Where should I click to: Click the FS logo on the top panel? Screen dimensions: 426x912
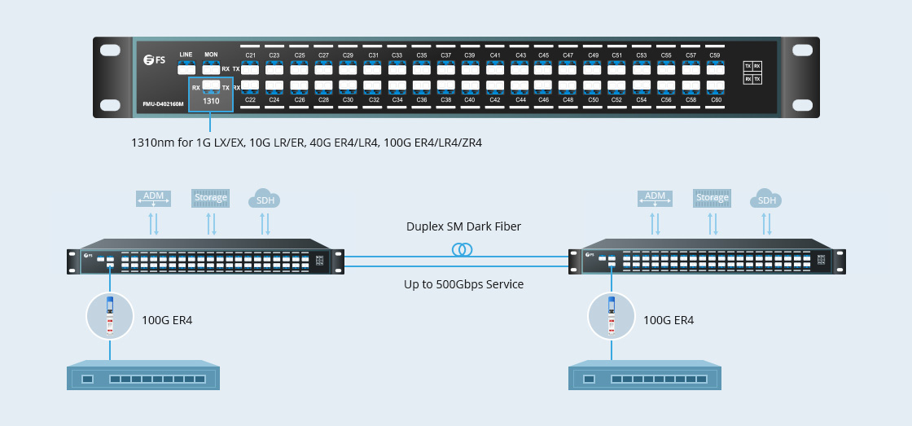pos(154,59)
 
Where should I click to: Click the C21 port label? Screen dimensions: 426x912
pos(251,55)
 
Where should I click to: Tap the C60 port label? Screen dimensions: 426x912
pos(715,99)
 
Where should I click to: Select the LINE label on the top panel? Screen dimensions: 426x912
pos(186,55)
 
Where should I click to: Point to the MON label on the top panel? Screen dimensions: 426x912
pos(211,55)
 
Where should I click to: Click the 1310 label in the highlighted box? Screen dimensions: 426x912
pos(211,102)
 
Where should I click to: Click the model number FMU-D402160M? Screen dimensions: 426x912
pos(163,103)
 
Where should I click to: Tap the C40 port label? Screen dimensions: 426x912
pos(470,99)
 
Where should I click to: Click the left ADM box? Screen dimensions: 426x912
pos(154,197)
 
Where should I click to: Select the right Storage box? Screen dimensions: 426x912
pos(712,197)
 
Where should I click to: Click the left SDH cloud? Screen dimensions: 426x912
pos(265,200)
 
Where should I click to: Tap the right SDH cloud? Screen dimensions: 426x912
pos(766,200)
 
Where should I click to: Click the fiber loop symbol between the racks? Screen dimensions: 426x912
pos(463,249)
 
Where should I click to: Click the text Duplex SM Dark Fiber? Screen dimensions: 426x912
pos(463,226)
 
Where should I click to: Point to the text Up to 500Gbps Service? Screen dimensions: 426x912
pos(463,284)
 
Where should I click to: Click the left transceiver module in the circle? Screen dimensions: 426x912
pos(109,316)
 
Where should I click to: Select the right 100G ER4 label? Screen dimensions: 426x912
pos(669,320)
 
